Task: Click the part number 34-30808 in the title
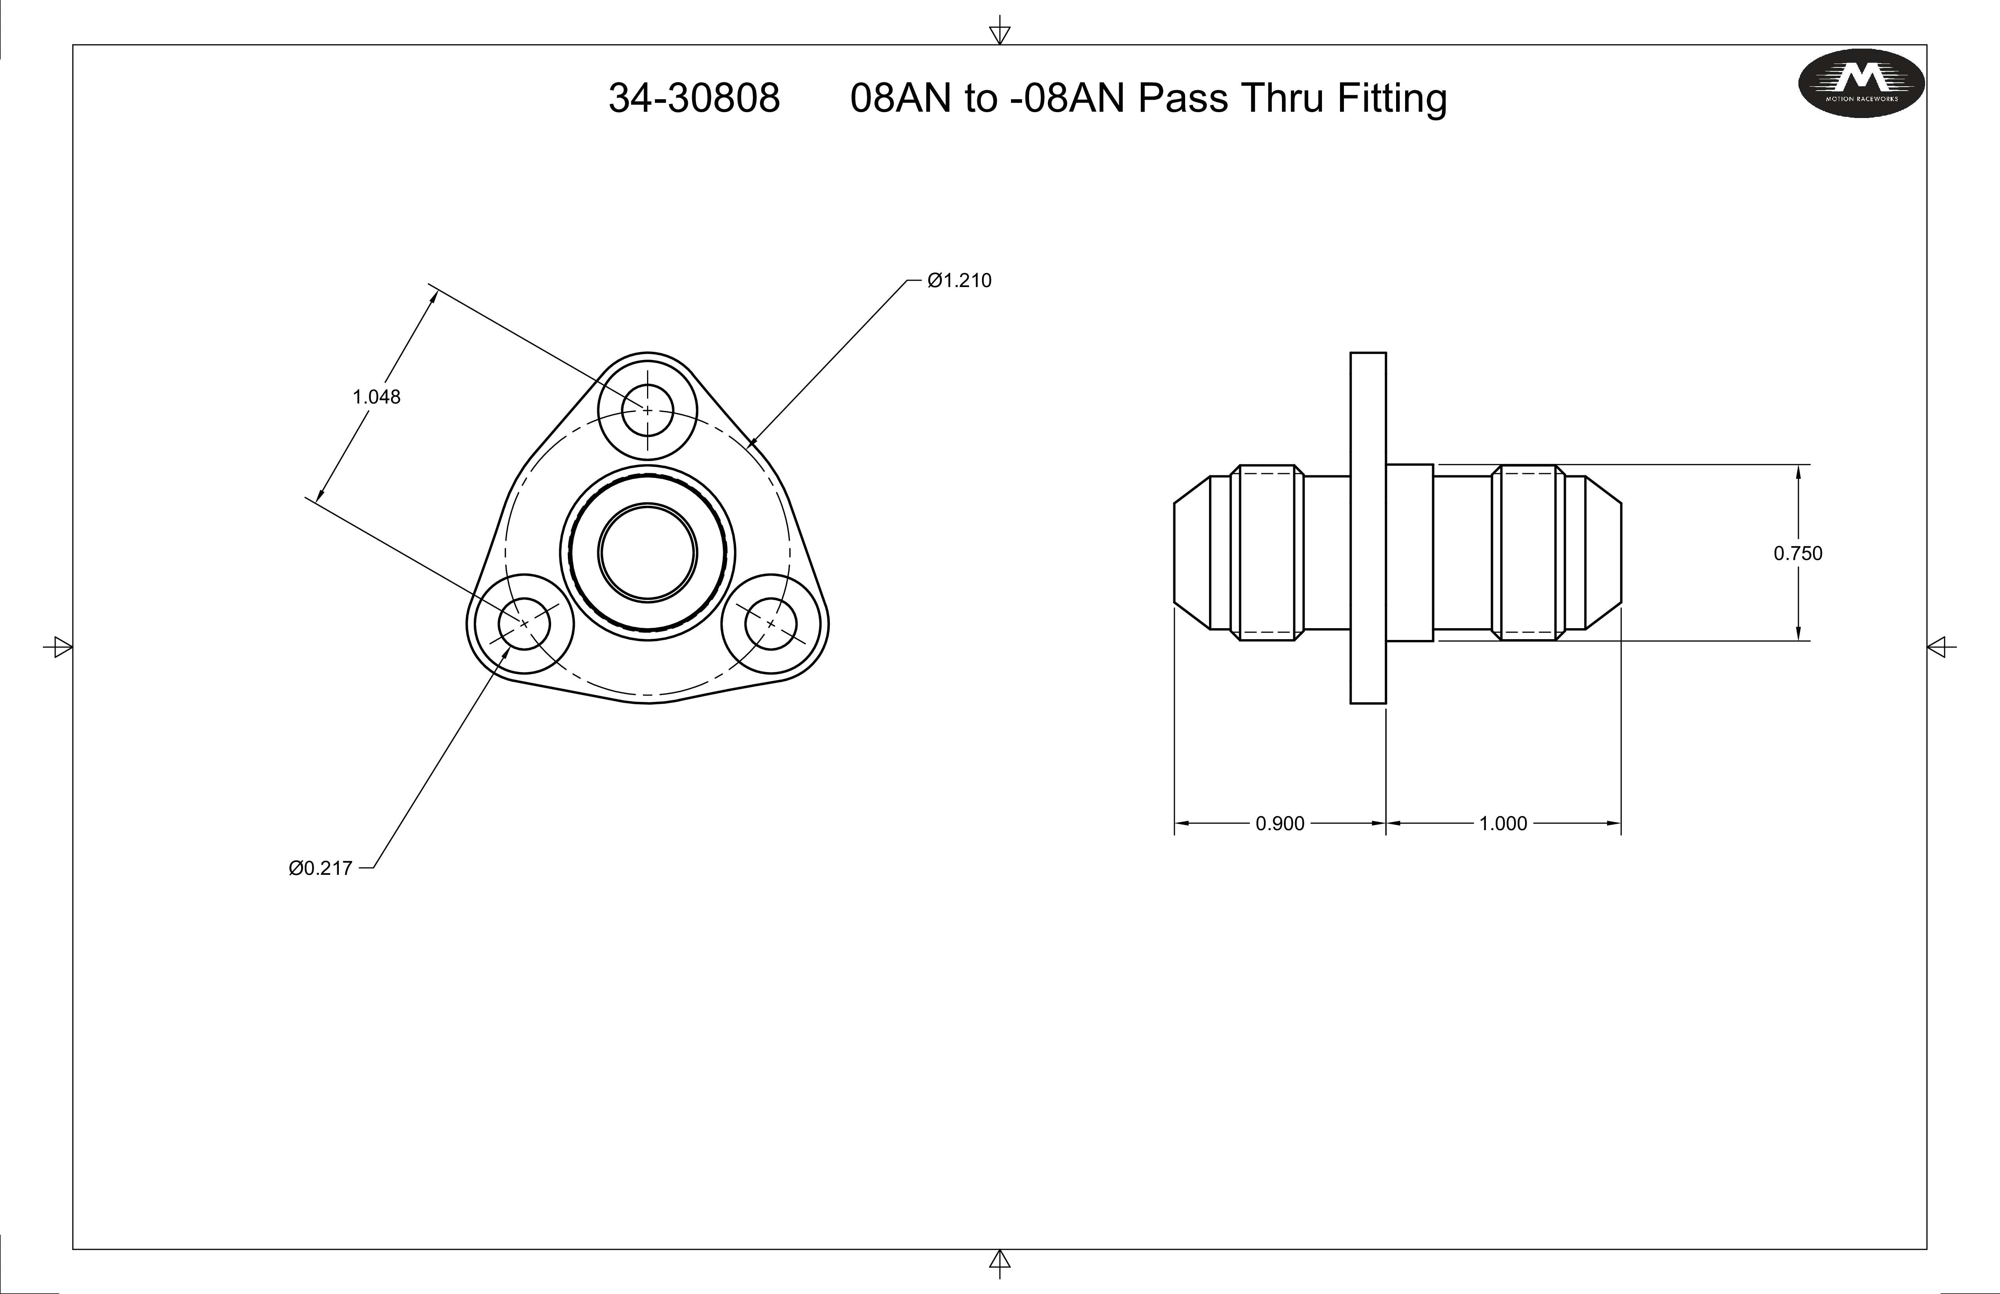coord(694,98)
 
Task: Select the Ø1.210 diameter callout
coord(959,281)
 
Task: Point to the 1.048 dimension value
coord(376,396)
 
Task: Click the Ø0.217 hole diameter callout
coord(320,868)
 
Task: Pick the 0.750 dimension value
coord(1798,553)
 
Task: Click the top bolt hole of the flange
coord(647,410)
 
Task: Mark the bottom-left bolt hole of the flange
coord(524,623)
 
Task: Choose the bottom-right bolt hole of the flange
coord(771,623)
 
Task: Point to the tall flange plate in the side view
coord(1368,528)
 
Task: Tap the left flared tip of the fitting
coord(1192,553)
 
